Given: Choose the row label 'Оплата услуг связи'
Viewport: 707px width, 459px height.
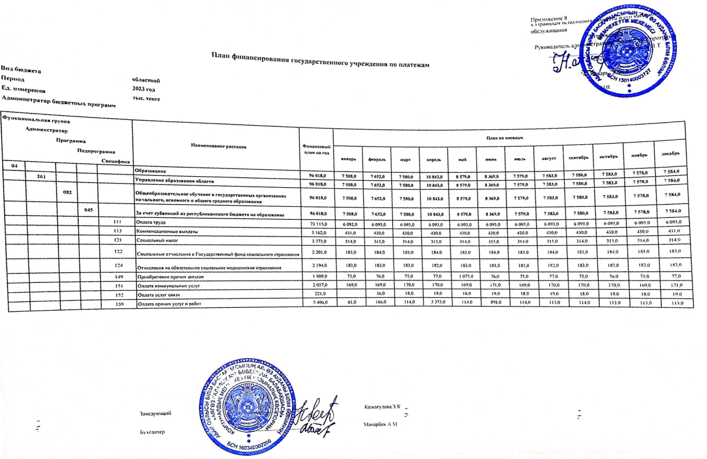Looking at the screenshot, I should (156, 293).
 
